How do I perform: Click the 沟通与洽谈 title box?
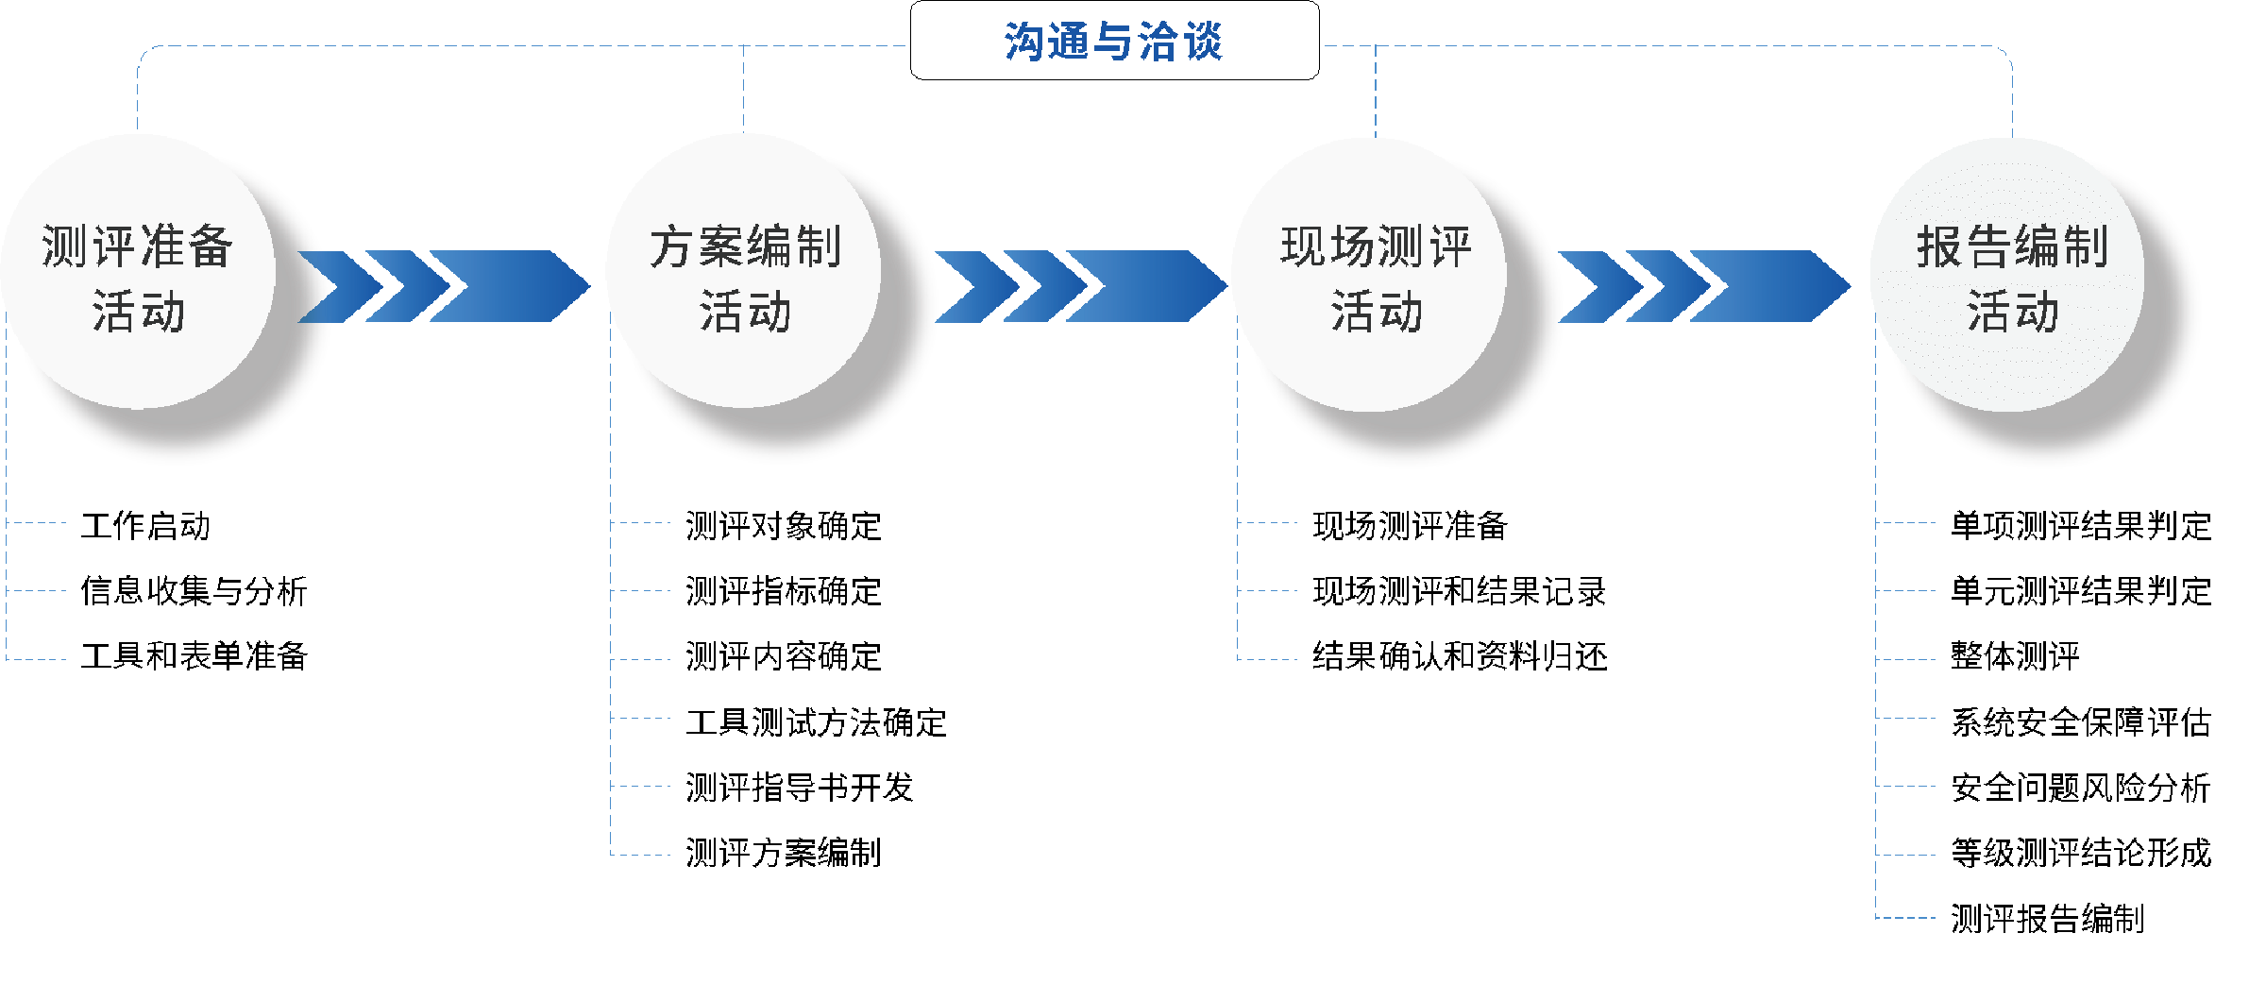coord(1114,41)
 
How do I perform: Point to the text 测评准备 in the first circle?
coord(138,247)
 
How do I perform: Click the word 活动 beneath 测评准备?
coord(139,312)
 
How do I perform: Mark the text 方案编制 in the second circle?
coord(746,247)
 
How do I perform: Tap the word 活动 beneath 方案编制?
coord(746,312)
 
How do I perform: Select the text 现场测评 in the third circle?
coord(1377,247)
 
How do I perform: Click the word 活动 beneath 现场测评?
coord(1377,312)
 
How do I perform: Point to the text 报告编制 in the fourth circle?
coord(2013,247)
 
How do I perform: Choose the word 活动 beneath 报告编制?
coord(2013,312)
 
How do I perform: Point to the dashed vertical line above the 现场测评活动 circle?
coord(1376,91)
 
